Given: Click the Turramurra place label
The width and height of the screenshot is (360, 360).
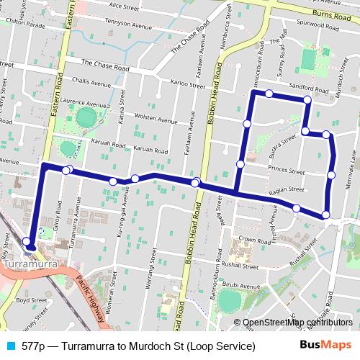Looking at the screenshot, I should pyautogui.click(x=32, y=265).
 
